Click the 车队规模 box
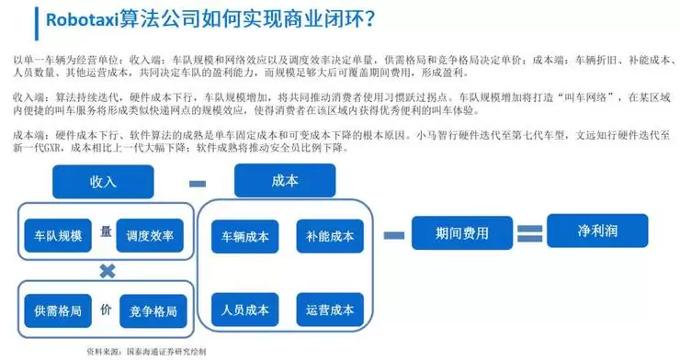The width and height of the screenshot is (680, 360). click(x=57, y=235)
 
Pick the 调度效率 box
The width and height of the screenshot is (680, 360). click(x=150, y=235)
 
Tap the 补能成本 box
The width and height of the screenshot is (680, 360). click(x=330, y=236)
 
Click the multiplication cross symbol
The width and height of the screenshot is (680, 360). click(x=108, y=271)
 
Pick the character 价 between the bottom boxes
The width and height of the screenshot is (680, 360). click(x=105, y=308)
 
